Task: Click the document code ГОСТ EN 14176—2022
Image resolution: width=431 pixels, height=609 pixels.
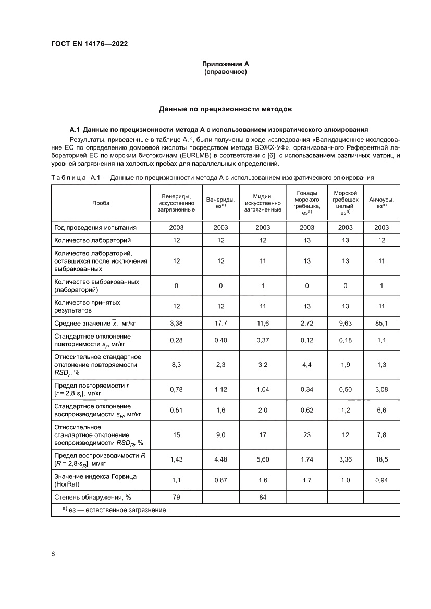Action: tap(89, 44)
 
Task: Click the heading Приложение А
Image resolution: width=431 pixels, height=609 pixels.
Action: tap(226, 64)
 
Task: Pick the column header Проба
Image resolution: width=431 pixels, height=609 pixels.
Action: tap(101, 203)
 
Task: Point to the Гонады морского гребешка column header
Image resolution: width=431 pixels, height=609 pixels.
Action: tap(306, 203)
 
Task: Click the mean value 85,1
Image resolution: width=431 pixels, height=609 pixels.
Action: tap(381, 323)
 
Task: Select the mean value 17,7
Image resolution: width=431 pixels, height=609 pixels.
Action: tap(221, 323)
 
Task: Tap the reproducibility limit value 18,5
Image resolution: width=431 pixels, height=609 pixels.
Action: tap(381, 458)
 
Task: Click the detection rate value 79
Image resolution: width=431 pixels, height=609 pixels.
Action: tap(176, 497)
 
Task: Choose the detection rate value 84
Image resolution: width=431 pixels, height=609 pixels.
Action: tap(263, 497)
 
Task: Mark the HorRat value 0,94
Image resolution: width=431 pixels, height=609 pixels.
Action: tap(381, 480)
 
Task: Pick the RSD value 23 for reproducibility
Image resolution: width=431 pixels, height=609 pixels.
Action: tap(306, 435)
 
